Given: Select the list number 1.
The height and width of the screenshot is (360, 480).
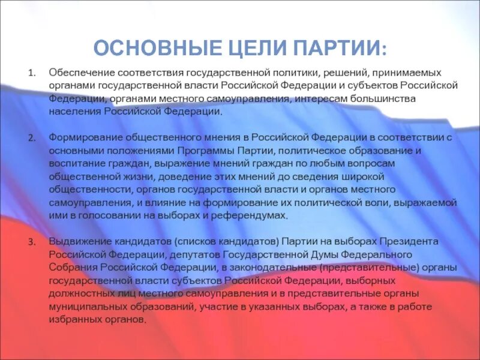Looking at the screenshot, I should click(x=32, y=73).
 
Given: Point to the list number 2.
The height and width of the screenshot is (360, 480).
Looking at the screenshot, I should click(x=32, y=137).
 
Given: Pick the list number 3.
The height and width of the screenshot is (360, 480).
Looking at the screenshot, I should click(x=32, y=242).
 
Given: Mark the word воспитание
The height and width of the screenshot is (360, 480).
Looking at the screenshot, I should click(x=74, y=163).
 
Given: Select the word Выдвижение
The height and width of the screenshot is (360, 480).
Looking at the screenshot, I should click(x=77, y=241).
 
